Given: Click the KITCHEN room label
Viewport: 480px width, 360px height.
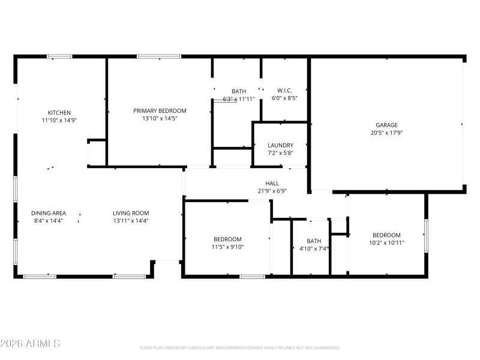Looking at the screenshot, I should [59, 112].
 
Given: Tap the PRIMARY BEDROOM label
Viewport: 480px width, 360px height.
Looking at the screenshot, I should [160, 110].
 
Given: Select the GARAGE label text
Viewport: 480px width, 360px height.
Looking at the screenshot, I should [386, 125].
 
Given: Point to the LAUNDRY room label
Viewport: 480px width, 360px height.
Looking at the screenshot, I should [280, 145].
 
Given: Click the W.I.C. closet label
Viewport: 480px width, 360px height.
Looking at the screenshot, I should [284, 91].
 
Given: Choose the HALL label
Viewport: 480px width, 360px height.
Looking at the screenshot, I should [272, 184].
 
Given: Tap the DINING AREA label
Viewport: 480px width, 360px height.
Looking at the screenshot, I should [49, 213].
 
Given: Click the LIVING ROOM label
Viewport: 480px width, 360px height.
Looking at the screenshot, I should [131, 213].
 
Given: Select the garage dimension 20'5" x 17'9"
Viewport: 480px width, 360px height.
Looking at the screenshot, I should [386, 133].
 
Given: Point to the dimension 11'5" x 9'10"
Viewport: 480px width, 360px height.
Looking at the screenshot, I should [227, 247].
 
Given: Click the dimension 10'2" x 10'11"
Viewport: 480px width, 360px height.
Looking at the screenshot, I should [386, 243].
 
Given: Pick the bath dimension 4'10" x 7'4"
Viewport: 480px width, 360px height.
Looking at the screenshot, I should [313, 249].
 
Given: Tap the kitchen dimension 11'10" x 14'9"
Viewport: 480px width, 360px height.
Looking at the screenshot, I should [59, 120].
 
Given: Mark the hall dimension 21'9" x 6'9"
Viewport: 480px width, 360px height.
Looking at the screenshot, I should [272, 191].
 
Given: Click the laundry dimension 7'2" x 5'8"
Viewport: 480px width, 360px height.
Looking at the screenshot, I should [280, 153].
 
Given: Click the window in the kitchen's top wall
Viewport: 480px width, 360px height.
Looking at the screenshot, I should [60, 57].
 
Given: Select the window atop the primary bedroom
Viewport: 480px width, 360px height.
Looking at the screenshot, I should [159, 57].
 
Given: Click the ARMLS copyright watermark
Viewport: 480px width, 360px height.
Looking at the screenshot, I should [30, 344].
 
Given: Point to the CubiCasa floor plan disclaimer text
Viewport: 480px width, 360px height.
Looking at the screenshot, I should [240, 347].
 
